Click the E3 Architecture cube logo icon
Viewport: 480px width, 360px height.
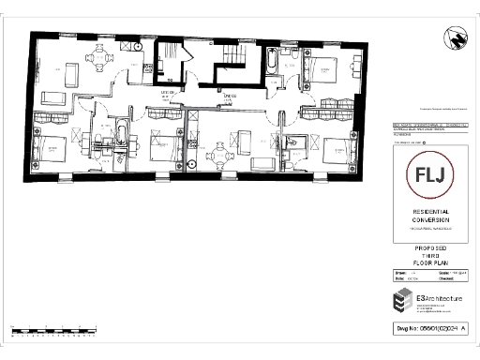[x=401, y=302]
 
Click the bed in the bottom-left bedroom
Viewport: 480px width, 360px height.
[x=52, y=149]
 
